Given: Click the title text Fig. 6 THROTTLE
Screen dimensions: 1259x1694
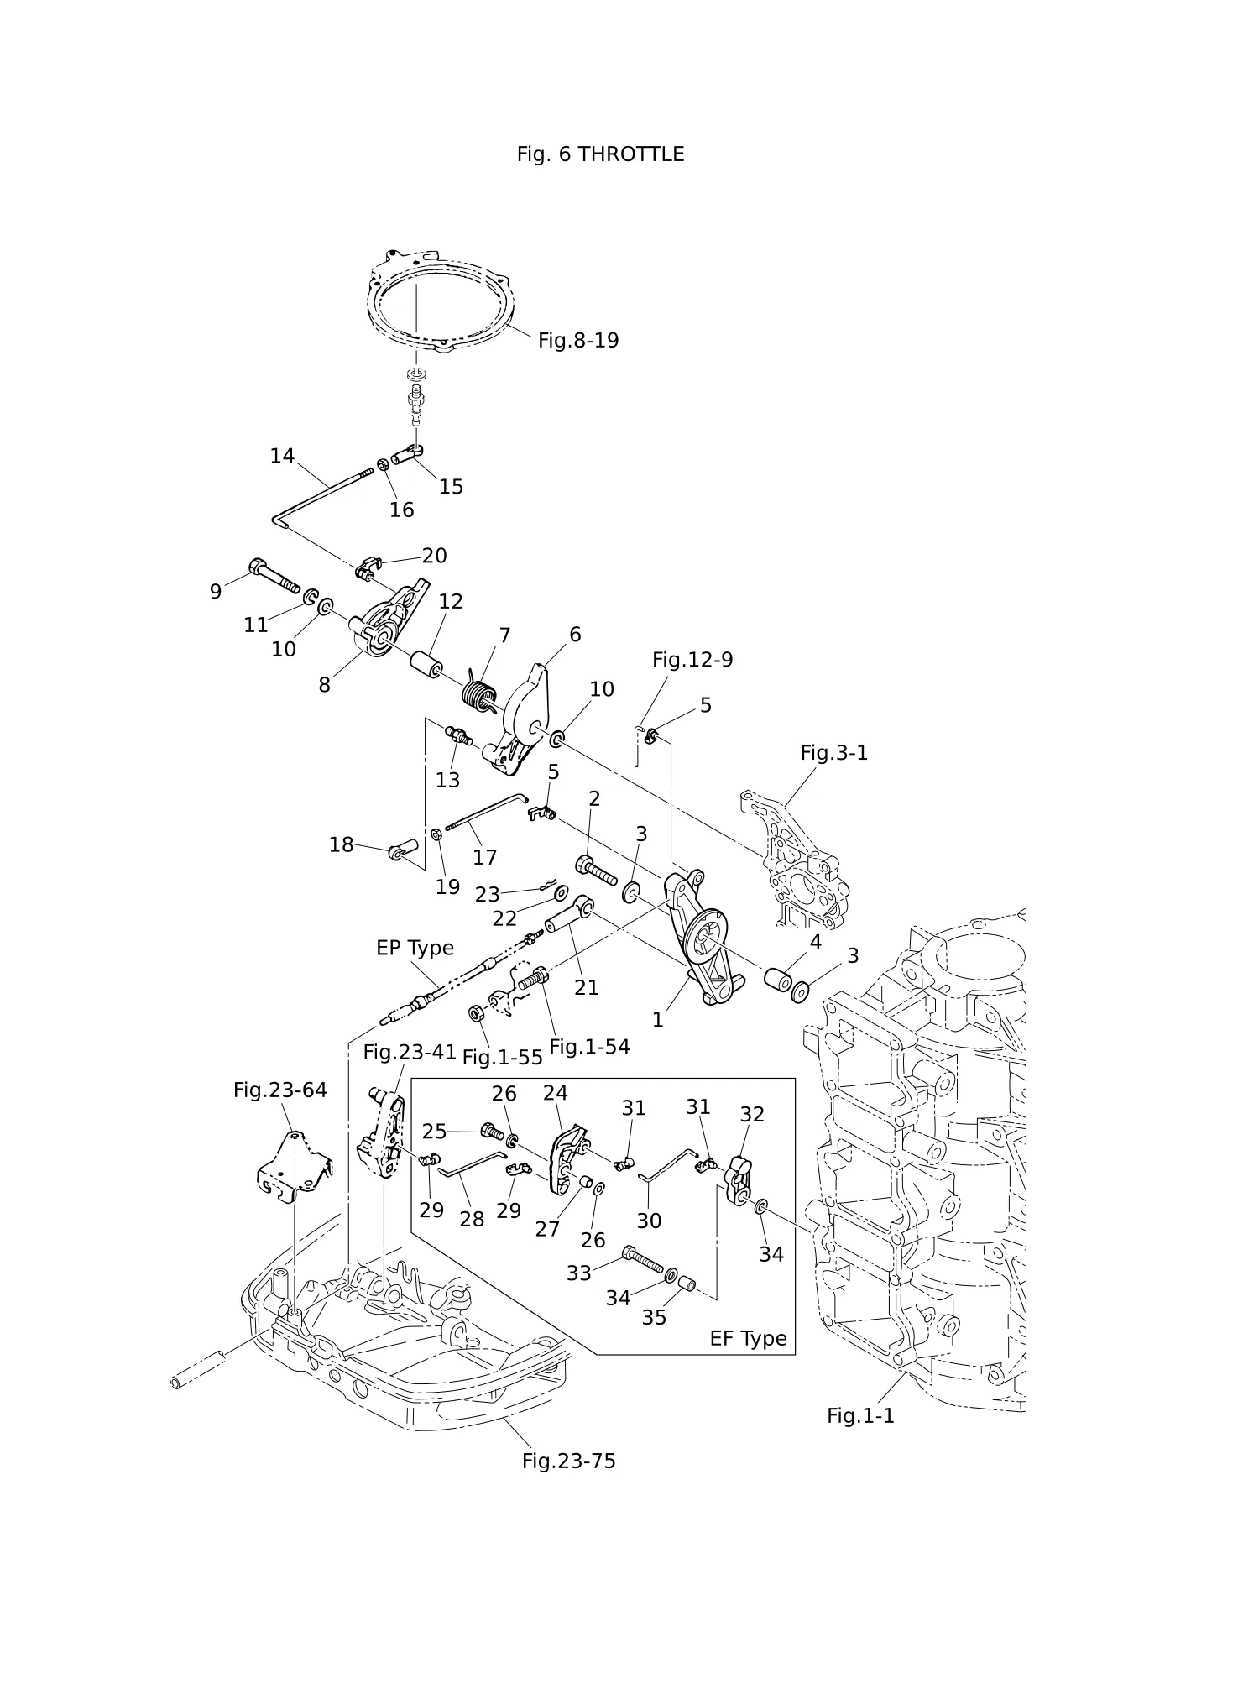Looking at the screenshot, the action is pyautogui.click(x=600, y=154).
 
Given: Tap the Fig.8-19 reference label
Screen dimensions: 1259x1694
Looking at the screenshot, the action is pyautogui.click(x=578, y=340).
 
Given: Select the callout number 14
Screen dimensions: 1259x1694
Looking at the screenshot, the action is pyautogui.click(x=282, y=456).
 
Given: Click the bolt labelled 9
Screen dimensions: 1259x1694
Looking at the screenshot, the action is pyautogui.click(x=274, y=576).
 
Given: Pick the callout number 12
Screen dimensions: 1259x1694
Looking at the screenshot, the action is pyautogui.click(x=451, y=601).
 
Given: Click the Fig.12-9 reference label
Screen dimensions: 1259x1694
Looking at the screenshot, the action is pyautogui.click(x=692, y=660).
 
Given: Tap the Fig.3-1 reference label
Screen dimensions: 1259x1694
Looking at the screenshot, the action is pyautogui.click(x=833, y=753).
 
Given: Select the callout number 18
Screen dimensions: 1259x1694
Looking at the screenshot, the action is pyautogui.click(x=341, y=844).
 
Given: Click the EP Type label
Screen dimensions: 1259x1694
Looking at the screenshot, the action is pyautogui.click(x=415, y=948).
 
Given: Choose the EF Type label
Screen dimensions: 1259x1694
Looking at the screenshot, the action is pyautogui.click(x=748, y=1338).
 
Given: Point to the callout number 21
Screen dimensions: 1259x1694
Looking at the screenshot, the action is pyautogui.click(x=586, y=988).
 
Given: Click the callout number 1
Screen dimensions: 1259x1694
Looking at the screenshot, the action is pyautogui.click(x=658, y=1020).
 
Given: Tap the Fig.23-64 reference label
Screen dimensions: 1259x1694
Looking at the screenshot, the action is pyautogui.click(x=280, y=1090).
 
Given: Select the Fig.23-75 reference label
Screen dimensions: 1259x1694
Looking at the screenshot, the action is pyautogui.click(x=568, y=1461).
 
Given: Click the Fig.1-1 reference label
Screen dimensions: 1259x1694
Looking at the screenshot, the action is pyautogui.click(x=860, y=1415).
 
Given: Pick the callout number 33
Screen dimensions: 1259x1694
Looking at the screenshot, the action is pyautogui.click(x=579, y=1273).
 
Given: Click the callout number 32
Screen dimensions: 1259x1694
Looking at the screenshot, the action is pyautogui.click(x=752, y=1114).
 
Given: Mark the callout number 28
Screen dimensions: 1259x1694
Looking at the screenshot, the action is pyautogui.click(x=472, y=1219).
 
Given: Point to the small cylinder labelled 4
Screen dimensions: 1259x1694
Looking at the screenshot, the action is pyautogui.click(x=778, y=979).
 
